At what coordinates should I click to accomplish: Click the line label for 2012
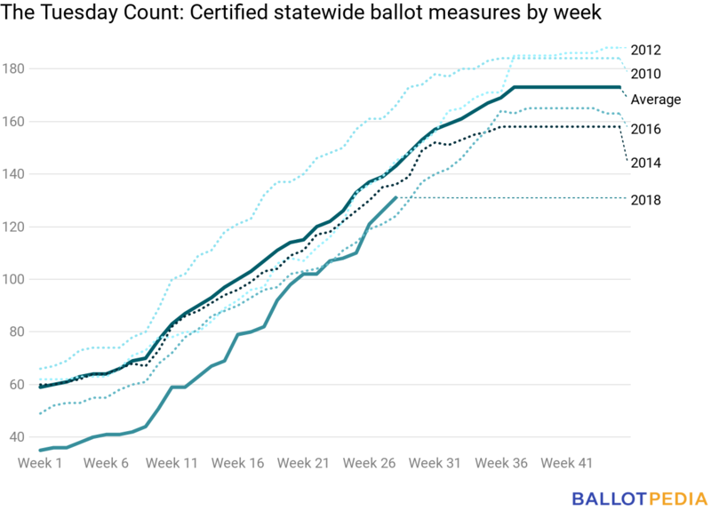646,50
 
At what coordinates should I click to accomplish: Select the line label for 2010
646,74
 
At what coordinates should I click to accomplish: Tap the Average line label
656,100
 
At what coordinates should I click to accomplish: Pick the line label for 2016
646,130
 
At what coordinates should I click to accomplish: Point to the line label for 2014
646,163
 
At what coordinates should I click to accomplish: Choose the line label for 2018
646,200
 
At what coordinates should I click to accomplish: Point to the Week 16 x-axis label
237,463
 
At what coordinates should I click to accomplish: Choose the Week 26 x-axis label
369,463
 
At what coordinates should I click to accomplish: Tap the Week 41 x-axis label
566,463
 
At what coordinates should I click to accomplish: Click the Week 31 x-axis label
435,463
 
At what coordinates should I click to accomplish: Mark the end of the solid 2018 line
395,197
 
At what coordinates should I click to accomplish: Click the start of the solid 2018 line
41,451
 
